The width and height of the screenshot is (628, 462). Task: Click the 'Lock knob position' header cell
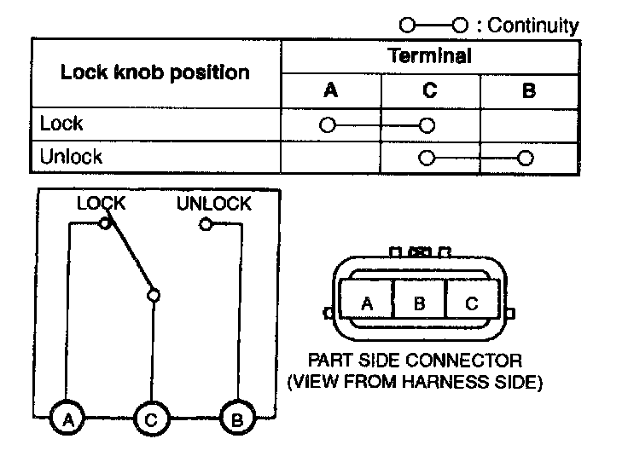pyautogui.click(x=154, y=72)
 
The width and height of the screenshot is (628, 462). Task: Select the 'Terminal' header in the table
pyautogui.click(x=429, y=56)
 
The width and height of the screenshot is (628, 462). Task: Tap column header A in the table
pyautogui.click(x=331, y=91)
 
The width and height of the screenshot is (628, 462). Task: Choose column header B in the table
pyautogui.click(x=528, y=91)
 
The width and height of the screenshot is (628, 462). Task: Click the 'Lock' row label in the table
pyautogui.click(x=61, y=124)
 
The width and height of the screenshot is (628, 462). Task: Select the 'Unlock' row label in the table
pyautogui.click(x=71, y=157)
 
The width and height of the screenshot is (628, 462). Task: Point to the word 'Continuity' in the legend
pyautogui.click(x=532, y=26)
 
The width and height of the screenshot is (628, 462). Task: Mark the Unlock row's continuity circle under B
pyautogui.click(x=526, y=158)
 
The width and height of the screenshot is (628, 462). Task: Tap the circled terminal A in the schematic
pyautogui.click(x=67, y=419)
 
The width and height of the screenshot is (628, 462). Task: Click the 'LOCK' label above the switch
pyautogui.click(x=101, y=204)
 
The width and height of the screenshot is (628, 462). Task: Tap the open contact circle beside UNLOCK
pyautogui.click(x=205, y=224)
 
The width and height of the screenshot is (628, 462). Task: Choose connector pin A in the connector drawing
pyautogui.click(x=366, y=303)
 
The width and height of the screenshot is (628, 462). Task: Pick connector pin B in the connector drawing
pyautogui.click(x=418, y=303)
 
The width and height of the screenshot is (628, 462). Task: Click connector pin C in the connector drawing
pyautogui.click(x=470, y=303)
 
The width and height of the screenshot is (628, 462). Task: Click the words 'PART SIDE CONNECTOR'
pyautogui.click(x=415, y=361)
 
